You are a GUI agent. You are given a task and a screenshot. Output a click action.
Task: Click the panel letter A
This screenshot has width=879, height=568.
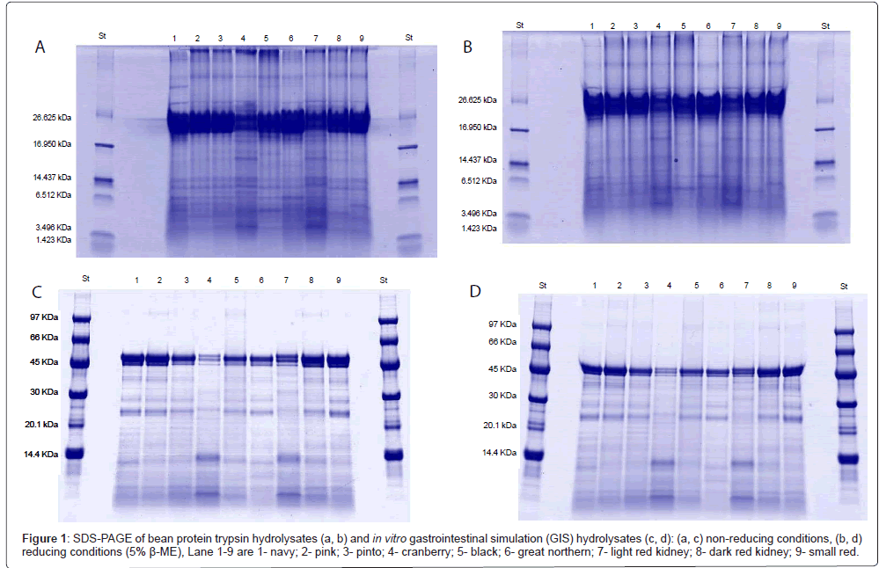click(40, 47)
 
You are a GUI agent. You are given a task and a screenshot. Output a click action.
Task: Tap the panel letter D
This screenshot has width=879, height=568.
click(476, 292)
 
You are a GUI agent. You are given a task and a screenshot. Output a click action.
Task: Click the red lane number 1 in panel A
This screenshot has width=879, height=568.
click(174, 38)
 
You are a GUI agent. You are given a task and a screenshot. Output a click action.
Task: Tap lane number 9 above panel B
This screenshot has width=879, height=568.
click(779, 26)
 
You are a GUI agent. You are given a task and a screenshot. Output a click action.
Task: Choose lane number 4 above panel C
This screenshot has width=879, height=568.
click(209, 280)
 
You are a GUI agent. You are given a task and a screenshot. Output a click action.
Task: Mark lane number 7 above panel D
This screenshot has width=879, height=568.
click(745, 286)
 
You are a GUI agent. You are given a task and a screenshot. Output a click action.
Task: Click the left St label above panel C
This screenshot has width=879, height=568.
click(85, 278)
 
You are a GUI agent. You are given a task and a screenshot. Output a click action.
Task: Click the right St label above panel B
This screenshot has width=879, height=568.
click(825, 25)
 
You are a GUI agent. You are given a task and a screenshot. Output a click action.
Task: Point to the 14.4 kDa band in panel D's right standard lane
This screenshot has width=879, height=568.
click(848, 458)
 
